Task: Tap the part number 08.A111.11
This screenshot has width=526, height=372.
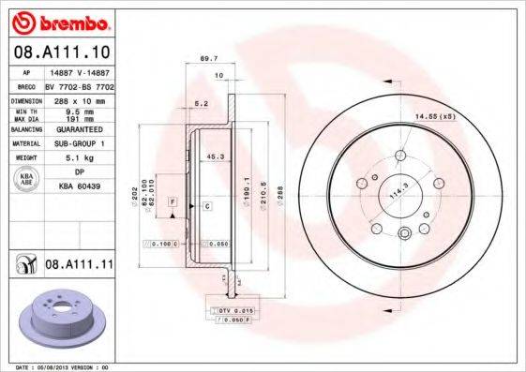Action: pos(79,265)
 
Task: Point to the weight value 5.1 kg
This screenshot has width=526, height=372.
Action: pos(75,158)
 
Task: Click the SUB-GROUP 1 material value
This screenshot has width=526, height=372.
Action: pos(76,143)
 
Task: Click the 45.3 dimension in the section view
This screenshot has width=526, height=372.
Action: pos(213,156)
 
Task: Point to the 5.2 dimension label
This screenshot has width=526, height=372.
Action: pos(200,103)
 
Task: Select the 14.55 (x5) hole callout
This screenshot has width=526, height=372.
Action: pos(433,116)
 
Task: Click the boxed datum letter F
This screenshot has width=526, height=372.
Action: pos(173,202)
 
